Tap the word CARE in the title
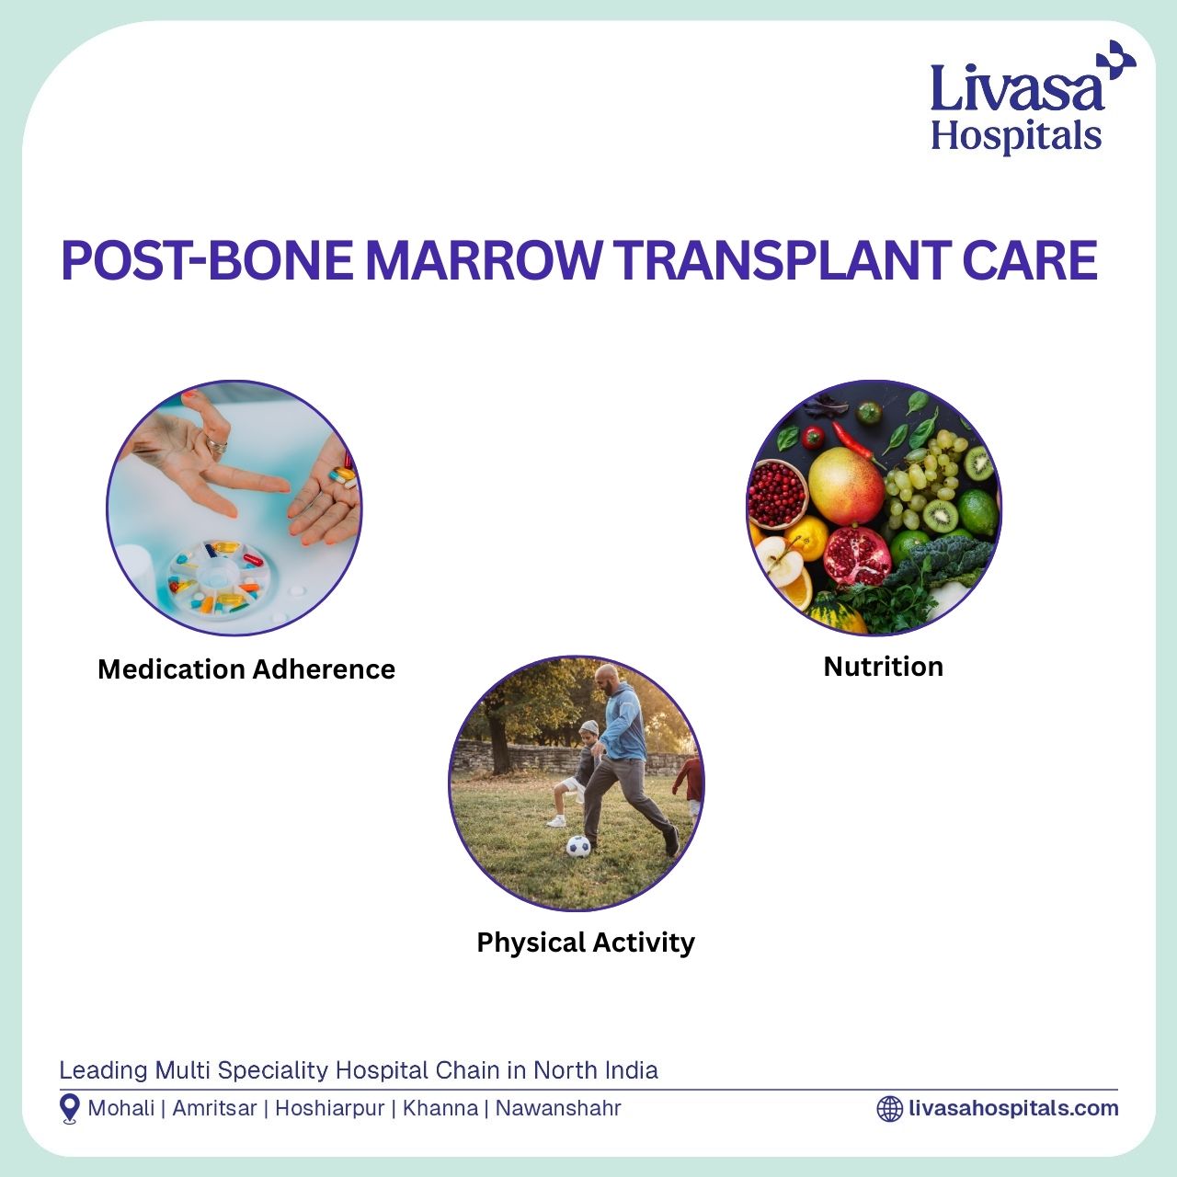tap(1029, 261)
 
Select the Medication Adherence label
tap(246, 669)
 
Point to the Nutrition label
tap(883, 667)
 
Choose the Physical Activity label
tap(586, 943)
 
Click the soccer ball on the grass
tap(578, 847)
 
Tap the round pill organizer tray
tap(219, 578)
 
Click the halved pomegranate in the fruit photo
tap(856, 555)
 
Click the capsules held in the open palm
tap(343, 476)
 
